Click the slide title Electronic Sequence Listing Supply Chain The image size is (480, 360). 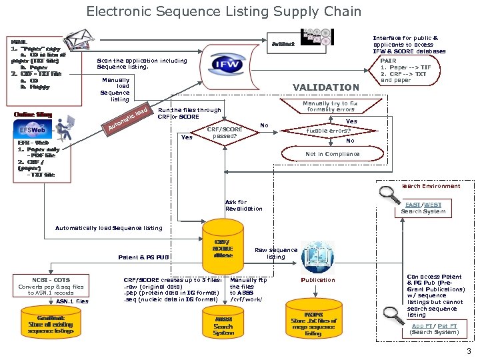tap(223, 11)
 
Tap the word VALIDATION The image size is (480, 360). tap(326, 87)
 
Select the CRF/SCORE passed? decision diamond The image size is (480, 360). tap(225, 133)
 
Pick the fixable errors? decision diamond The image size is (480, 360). tap(329, 131)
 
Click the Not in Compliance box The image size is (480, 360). tap(332, 154)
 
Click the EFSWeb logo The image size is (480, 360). tap(33, 130)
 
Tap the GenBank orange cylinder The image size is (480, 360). tap(51, 324)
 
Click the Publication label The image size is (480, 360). tap(318, 280)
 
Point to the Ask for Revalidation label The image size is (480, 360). tap(243, 205)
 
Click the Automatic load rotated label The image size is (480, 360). tap(127, 117)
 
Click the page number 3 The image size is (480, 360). tap(469, 351)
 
